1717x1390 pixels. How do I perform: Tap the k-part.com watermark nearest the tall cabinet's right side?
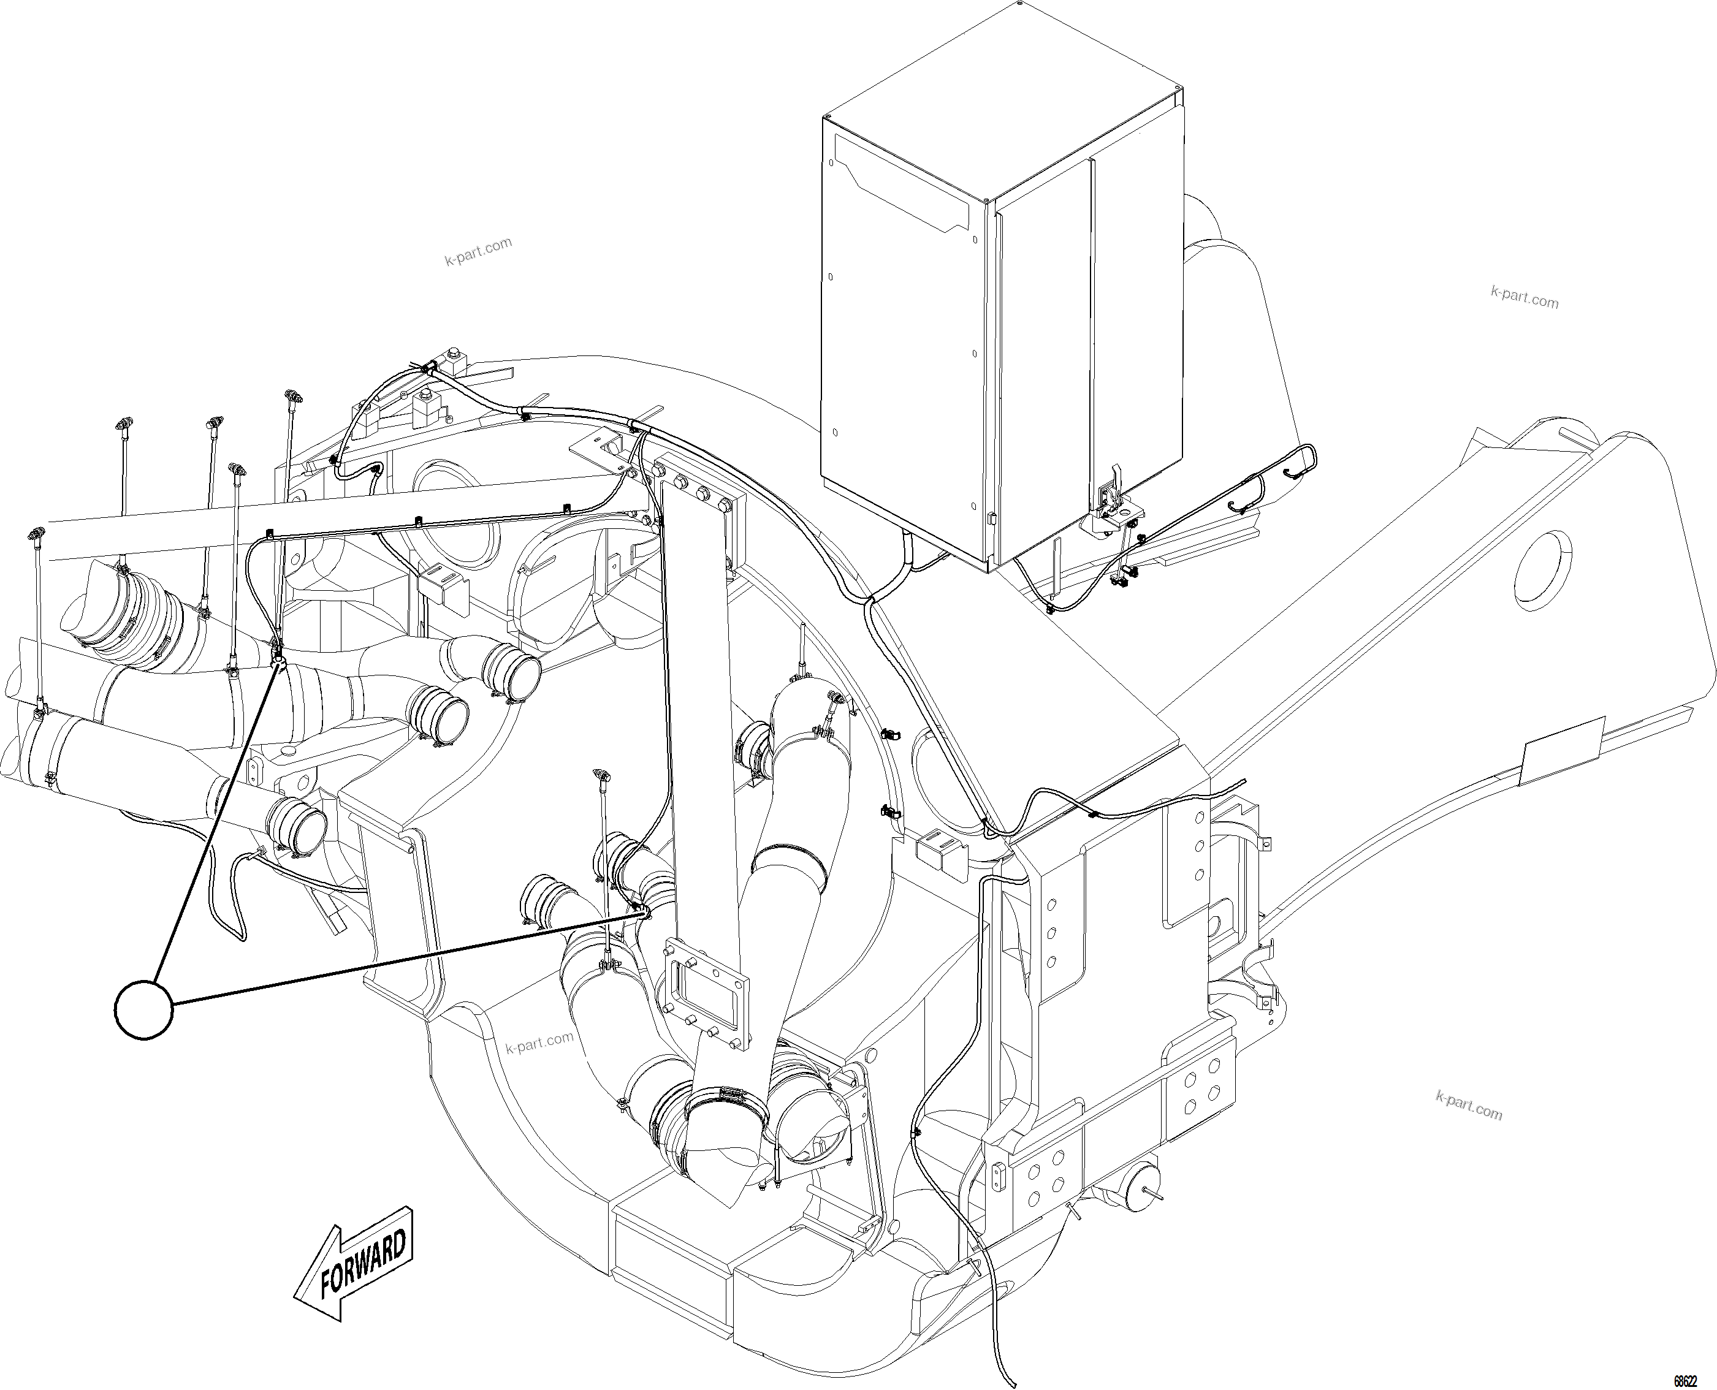point(1524,298)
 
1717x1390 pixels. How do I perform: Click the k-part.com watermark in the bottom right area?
point(1469,1107)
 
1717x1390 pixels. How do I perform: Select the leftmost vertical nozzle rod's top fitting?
point(37,533)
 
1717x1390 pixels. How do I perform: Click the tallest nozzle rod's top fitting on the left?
point(292,395)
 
